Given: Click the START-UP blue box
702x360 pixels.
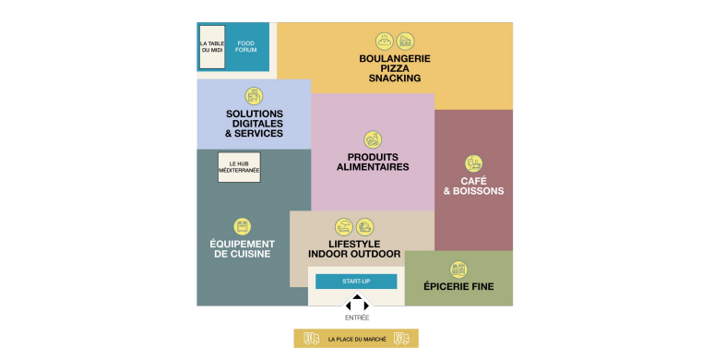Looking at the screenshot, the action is pyautogui.click(x=356, y=282).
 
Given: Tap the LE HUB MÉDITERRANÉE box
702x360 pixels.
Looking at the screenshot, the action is pyautogui.click(x=239, y=167).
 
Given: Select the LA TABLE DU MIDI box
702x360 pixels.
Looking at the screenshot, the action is pyautogui.click(x=212, y=47).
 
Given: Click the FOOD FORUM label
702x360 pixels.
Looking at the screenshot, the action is pyautogui.click(x=246, y=46).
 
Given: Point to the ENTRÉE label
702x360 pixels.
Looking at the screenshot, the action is pyautogui.click(x=357, y=318).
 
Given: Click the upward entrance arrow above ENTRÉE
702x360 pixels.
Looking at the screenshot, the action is pyautogui.click(x=357, y=296).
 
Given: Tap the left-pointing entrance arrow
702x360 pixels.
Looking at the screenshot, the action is pyautogui.click(x=349, y=306).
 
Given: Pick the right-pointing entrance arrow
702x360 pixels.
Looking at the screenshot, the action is pyautogui.click(x=366, y=306).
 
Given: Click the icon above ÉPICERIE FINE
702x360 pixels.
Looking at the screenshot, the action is pyautogui.click(x=458, y=270).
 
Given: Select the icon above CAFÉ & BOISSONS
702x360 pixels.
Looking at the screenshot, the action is pyautogui.click(x=473, y=163).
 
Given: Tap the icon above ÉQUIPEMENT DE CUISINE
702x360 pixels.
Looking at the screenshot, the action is pyautogui.click(x=243, y=226).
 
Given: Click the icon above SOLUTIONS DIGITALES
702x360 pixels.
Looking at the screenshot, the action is pyautogui.click(x=254, y=96).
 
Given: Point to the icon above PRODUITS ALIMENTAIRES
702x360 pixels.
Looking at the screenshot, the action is pyautogui.click(x=373, y=139).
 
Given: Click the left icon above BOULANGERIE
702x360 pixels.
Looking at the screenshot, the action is pyautogui.click(x=384, y=42).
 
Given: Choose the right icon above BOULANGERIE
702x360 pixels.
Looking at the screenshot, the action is pyautogui.click(x=405, y=42).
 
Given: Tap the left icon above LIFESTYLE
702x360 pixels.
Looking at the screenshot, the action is pyautogui.click(x=344, y=227).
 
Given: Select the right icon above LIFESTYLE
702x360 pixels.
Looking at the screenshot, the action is pyautogui.click(x=365, y=227).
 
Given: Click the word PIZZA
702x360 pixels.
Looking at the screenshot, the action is pyautogui.click(x=395, y=68).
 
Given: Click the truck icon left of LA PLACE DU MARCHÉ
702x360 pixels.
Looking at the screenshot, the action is pyautogui.click(x=311, y=339).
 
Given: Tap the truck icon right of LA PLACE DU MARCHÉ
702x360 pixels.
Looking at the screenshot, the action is pyautogui.click(x=401, y=339).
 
